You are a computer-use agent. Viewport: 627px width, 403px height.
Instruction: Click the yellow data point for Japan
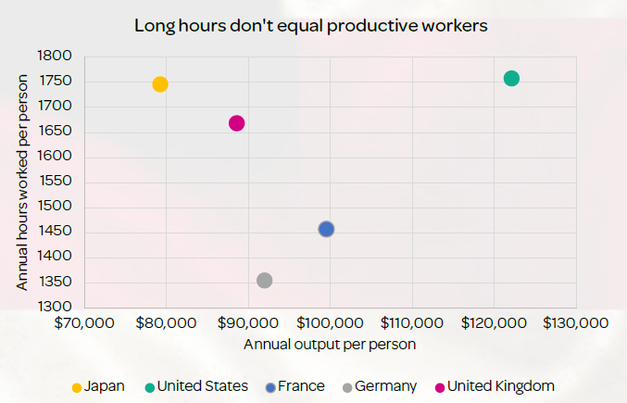160,84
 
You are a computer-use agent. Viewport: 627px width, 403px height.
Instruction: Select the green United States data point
511,79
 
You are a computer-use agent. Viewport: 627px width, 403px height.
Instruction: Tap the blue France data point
326,229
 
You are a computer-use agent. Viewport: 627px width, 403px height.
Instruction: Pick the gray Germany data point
264,281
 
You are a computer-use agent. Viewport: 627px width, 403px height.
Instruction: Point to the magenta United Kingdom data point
237,123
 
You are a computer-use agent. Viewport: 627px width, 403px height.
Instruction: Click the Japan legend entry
98,386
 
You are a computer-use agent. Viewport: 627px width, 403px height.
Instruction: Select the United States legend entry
196,386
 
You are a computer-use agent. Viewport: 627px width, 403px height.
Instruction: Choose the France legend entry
295,386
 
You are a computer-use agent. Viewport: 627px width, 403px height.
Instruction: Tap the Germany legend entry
380,386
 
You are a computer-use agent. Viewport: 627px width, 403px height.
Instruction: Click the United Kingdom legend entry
495,386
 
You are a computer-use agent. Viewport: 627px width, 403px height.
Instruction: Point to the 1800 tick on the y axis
55,56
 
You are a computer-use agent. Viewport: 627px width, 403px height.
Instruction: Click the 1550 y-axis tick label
56,181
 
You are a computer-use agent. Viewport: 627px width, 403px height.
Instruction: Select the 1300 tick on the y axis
55,307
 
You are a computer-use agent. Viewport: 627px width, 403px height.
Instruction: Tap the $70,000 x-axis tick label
84,323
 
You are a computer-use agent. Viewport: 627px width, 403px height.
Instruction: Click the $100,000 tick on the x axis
330,323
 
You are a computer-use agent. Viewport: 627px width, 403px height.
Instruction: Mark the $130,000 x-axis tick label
576,323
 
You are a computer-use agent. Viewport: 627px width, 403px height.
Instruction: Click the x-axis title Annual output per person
330,345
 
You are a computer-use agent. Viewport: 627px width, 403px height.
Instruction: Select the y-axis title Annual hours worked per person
22,183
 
